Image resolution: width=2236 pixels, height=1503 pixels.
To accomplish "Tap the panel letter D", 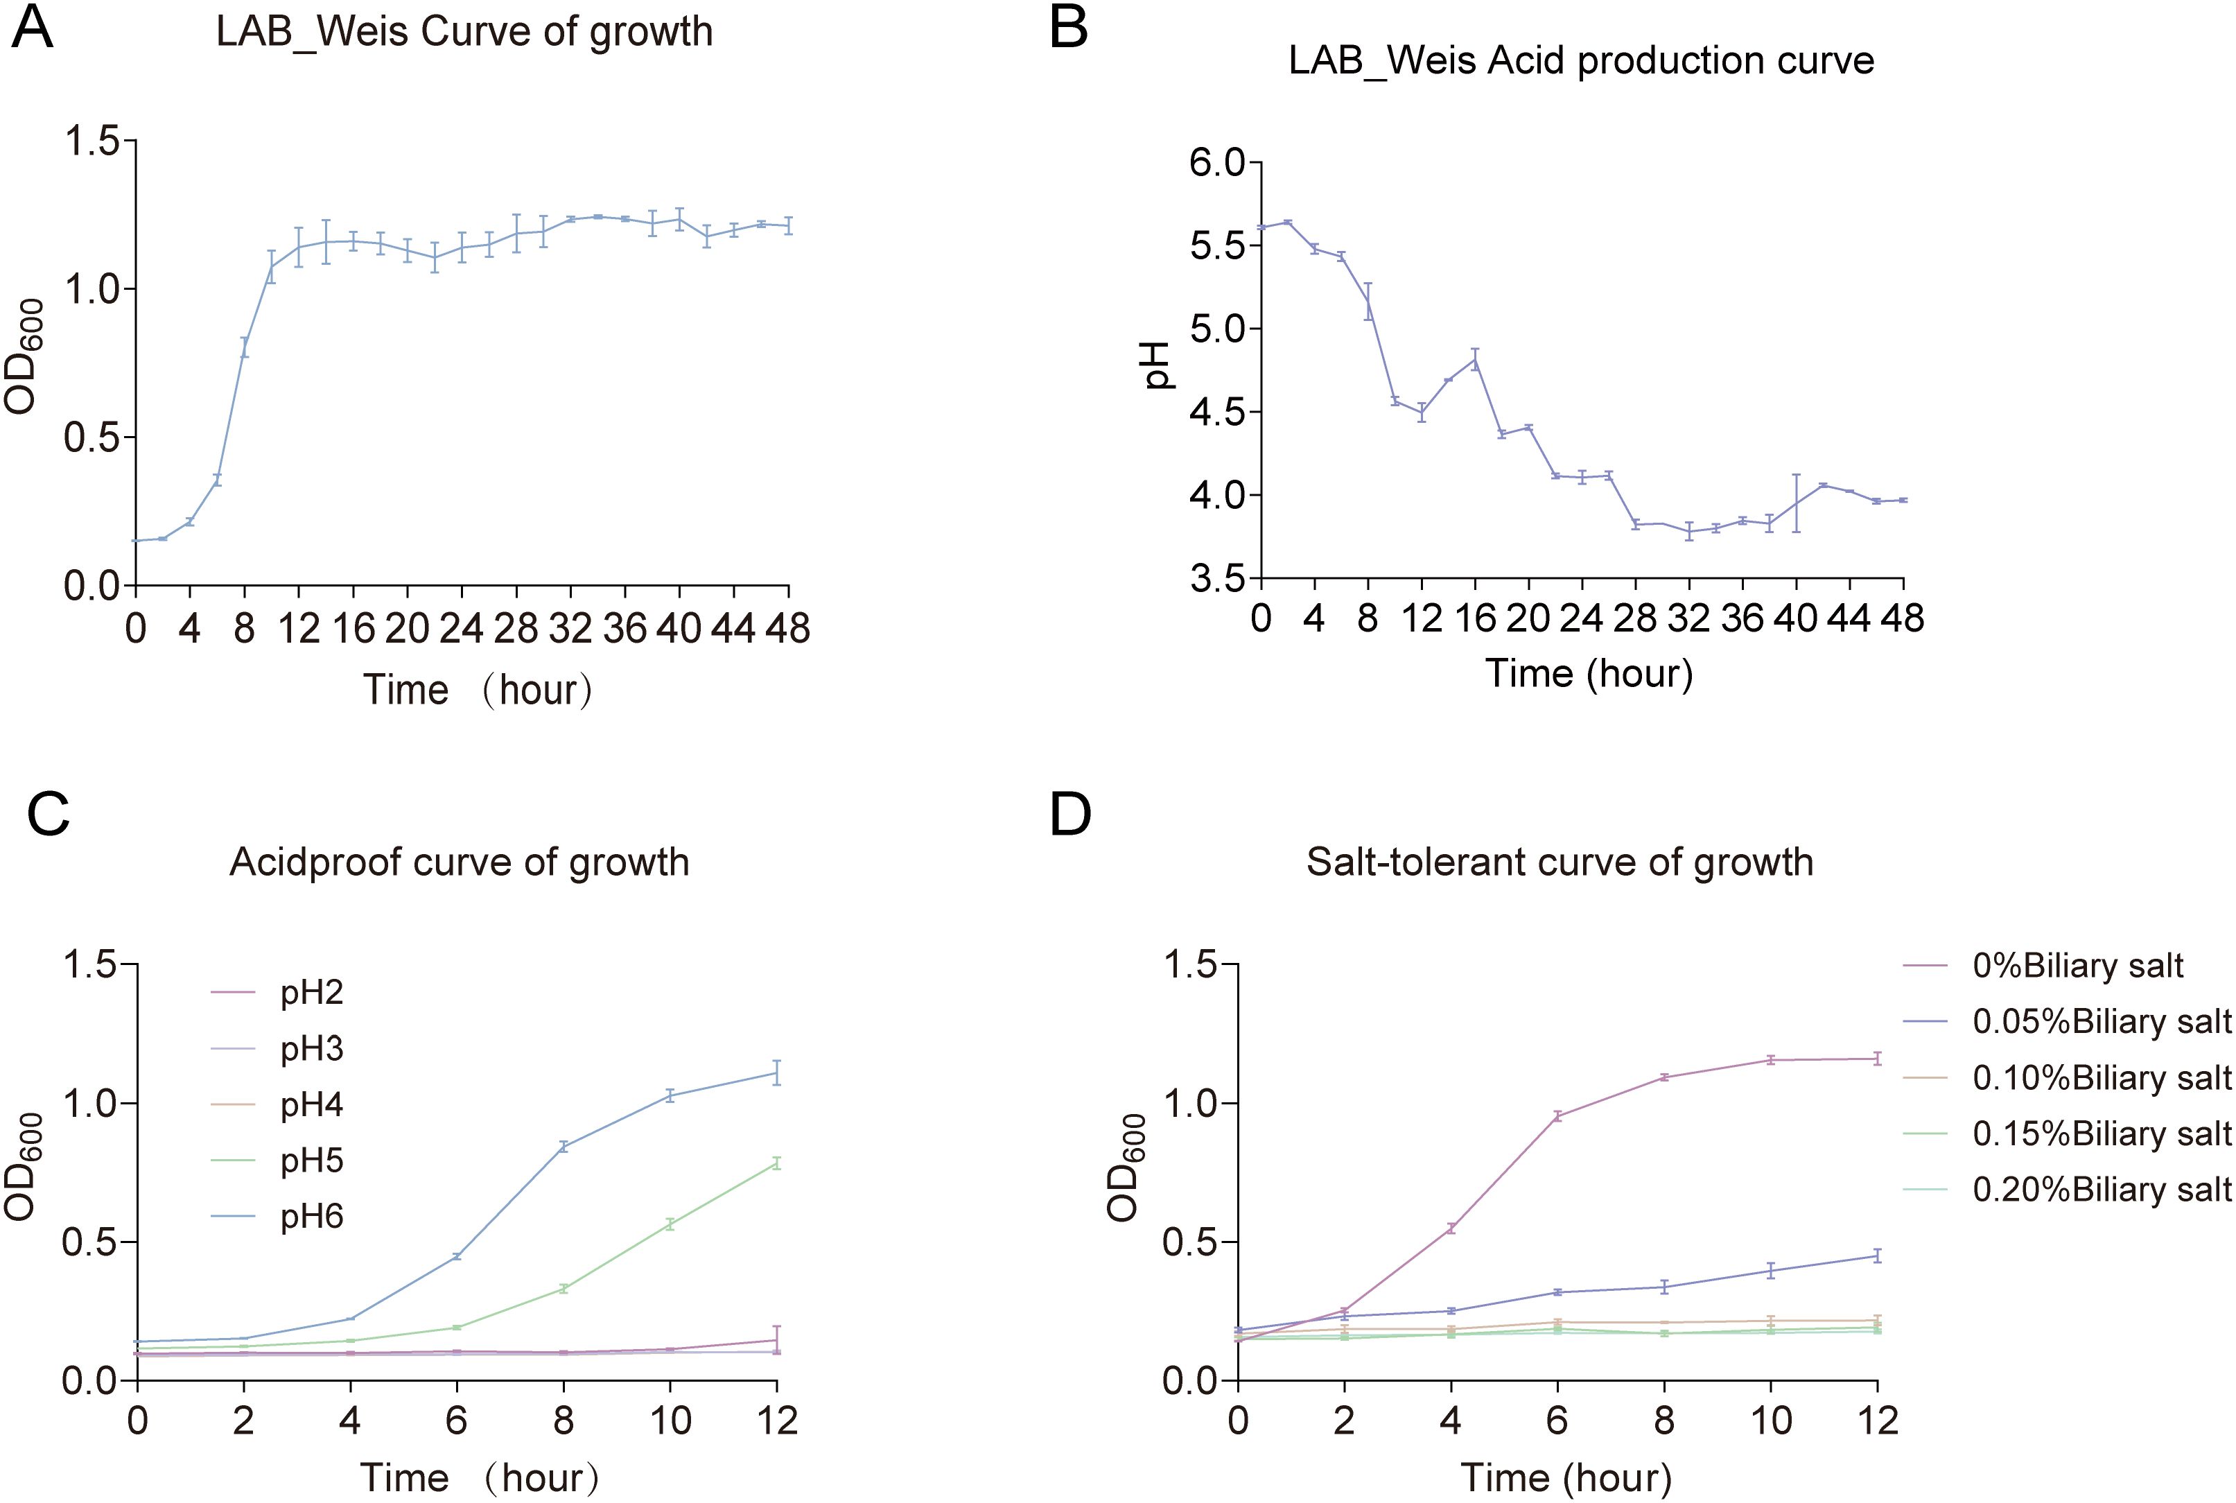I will [1071, 815].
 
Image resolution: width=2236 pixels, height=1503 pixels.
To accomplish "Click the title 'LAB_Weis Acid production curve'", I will [1580, 61].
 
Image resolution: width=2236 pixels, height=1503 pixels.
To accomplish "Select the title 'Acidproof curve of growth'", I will [459, 862].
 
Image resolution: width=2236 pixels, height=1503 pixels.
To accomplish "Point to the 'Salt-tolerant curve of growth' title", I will [1560, 862].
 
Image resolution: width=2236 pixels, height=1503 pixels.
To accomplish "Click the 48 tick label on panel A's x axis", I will [788, 629].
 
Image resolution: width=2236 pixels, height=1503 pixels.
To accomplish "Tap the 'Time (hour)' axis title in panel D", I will [1565, 1477].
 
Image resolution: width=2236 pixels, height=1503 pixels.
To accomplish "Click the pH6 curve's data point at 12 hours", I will [776, 1072].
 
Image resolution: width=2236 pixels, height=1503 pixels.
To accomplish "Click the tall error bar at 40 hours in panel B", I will [1796, 503].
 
